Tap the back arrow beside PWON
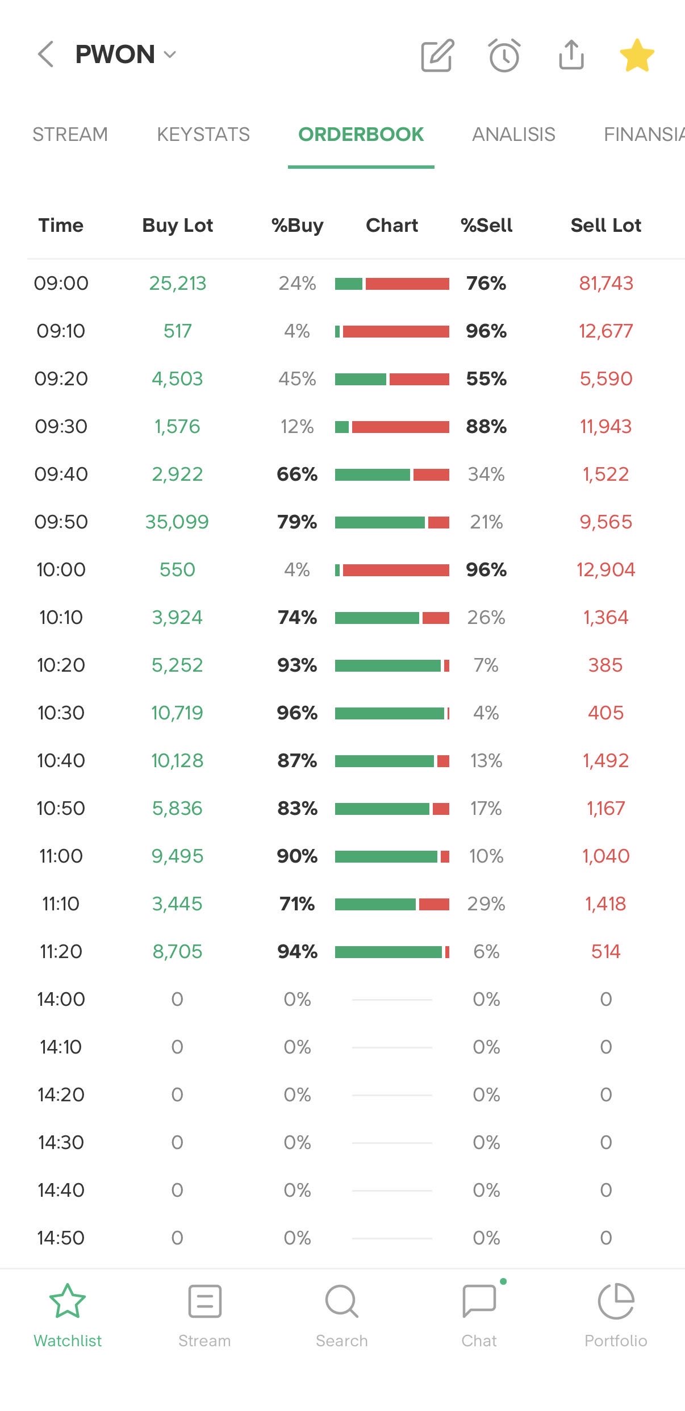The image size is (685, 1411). click(x=45, y=55)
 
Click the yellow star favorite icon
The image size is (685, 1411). click(x=637, y=55)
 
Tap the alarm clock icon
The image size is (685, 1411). click(x=504, y=55)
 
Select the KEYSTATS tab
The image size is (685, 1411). click(x=203, y=135)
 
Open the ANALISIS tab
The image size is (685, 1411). click(x=513, y=135)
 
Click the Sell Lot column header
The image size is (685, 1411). click(x=605, y=226)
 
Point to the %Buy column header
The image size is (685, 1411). click(x=297, y=226)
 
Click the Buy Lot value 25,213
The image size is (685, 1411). click(x=177, y=284)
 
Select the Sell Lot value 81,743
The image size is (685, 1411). click(x=605, y=284)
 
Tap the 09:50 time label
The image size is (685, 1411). click(x=61, y=522)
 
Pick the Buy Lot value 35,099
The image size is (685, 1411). click(x=177, y=522)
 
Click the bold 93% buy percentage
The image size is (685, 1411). click(x=297, y=665)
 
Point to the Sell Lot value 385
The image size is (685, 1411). click(x=605, y=665)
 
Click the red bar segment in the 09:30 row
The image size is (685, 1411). click(x=400, y=427)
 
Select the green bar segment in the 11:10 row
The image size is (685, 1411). click(x=375, y=904)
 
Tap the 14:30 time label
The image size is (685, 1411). click(x=61, y=1143)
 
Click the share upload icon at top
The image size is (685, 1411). click(x=571, y=55)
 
